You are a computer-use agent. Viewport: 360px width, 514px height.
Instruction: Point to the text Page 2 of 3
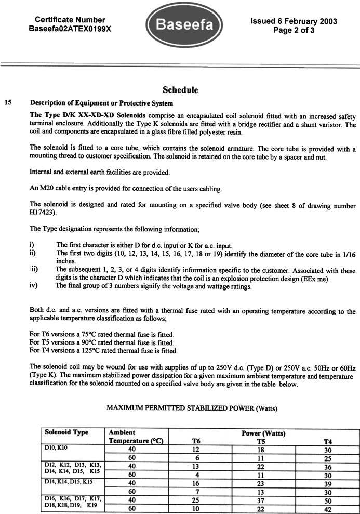click(x=294, y=30)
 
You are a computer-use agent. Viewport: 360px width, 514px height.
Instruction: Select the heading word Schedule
click(x=180, y=90)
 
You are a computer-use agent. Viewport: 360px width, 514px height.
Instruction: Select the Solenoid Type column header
click(x=66, y=432)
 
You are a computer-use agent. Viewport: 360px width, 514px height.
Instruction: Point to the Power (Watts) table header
click(x=263, y=432)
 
